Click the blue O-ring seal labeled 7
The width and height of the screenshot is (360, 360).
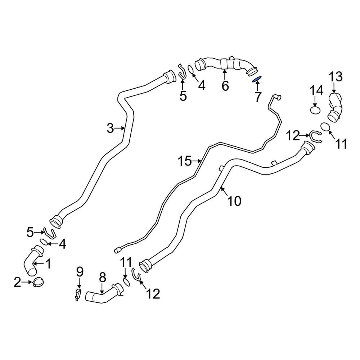click(257, 80)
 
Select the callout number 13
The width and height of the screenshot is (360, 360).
click(336, 77)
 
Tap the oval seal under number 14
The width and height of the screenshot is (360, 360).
click(315, 111)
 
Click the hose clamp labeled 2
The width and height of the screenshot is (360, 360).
click(39, 282)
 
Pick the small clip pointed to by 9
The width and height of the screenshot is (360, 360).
click(78, 294)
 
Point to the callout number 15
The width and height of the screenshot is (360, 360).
click(185, 161)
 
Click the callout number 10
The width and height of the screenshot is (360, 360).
click(234, 201)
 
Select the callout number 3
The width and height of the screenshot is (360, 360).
click(111, 129)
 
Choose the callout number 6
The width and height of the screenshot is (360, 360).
click(225, 86)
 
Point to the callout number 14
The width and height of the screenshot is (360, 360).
click(317, 90)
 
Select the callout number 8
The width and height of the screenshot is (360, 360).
click(102, 278)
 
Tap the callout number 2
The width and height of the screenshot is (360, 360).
click(17, 282)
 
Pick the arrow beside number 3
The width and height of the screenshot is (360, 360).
click(120, 129)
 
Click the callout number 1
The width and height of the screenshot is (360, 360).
click(48, 264)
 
